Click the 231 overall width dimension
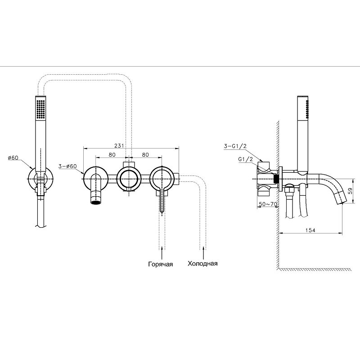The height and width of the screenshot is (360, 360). click(119, 145)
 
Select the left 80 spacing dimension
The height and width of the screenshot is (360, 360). click(112, 155)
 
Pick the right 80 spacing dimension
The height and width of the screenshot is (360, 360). click(145, 155)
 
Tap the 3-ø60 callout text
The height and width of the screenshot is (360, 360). click(67, 166)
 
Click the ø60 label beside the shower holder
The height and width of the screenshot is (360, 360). click(13, 158)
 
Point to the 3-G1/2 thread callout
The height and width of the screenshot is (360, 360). click(235, 146)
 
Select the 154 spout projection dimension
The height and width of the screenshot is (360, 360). click(310, 230)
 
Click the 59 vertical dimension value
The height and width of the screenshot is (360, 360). click(350, 191)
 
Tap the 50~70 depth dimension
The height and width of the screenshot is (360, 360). click(268, 204)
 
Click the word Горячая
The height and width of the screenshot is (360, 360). click(161, 264)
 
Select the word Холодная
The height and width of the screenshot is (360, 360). click(202, 264)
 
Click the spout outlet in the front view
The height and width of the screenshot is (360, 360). click(96, 202)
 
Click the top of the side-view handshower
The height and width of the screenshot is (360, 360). click(303, 96)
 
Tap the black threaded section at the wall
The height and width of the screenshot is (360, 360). click(277, 178)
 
